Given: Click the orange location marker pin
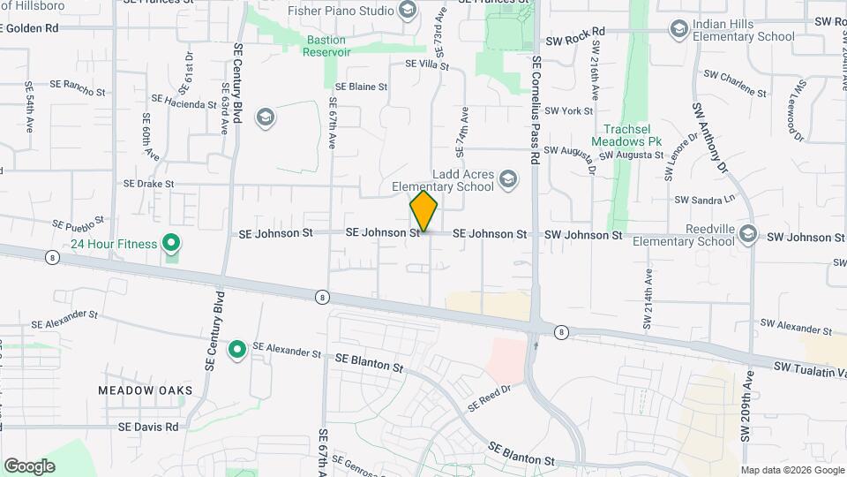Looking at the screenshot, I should tap(423, 211).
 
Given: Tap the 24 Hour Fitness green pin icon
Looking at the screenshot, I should tap(172, 243).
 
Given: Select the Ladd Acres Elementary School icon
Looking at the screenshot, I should tap(507, 180).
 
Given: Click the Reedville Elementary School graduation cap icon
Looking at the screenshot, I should tap(748, 233).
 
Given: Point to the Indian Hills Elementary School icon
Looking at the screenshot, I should tap(678, 30).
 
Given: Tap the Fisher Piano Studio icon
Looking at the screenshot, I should tap(407, 11).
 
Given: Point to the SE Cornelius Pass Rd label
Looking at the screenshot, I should tap(535, 111).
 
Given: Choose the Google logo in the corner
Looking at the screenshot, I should tap(29, 466).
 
